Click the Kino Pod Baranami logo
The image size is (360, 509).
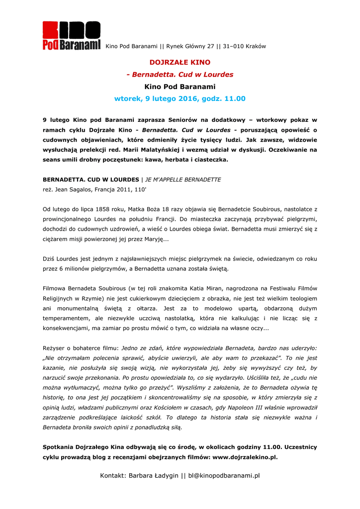click(71, 36)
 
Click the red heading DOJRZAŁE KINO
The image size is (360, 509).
click(180, 63)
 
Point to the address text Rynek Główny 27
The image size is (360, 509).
click(191, 47)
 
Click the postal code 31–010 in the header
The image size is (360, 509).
click(234, 47)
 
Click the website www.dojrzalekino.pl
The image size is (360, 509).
click(245, 457)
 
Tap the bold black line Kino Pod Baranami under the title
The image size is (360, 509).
click(180, 86)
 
